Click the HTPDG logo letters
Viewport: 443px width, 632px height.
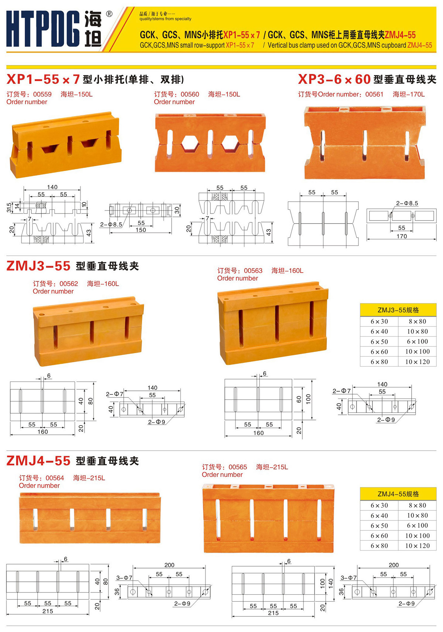click(43, 28)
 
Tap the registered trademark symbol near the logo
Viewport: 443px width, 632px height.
click(109, 14)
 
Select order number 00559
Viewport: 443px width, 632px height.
click(42, 94)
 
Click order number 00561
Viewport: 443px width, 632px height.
click(374, 94)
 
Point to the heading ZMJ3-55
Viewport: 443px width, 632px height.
click(38, 266)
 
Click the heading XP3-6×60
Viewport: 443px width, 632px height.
click(334, 79)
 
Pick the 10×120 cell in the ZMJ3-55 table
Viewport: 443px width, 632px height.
click(417, 362)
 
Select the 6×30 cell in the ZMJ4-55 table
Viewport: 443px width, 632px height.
click(379, 505)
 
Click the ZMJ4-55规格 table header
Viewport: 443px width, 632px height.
click(398, 494)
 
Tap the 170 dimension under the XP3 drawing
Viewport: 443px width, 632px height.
click(402, 236)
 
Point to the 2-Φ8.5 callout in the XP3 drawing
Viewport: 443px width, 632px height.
click(407, 203)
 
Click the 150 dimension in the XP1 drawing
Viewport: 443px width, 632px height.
click(141, 230)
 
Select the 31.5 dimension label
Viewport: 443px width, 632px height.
click(9, 207)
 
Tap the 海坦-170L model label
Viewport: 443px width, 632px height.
click(409, 94)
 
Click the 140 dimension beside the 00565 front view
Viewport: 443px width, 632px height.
click(331, 582)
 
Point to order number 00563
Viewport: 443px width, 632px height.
click(253, 271)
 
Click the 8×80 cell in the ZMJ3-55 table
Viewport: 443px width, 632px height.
click(417, 321)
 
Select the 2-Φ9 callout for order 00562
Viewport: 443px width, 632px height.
click(156, 422)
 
